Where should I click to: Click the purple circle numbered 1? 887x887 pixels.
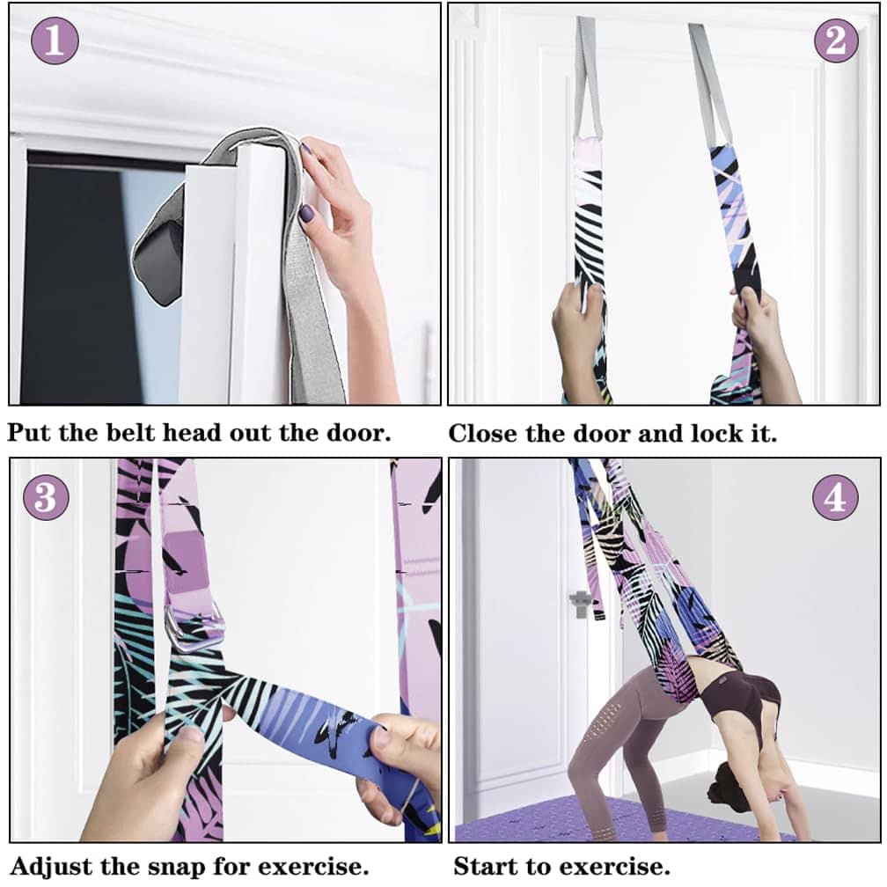coord(55,40)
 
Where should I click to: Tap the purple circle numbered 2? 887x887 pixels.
coord(836,40)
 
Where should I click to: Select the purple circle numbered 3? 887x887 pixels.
coord(46,497)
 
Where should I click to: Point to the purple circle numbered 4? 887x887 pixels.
coord(835,498)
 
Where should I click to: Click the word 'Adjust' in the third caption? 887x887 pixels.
coord(50,867)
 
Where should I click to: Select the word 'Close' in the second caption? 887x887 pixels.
coord(483,433)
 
